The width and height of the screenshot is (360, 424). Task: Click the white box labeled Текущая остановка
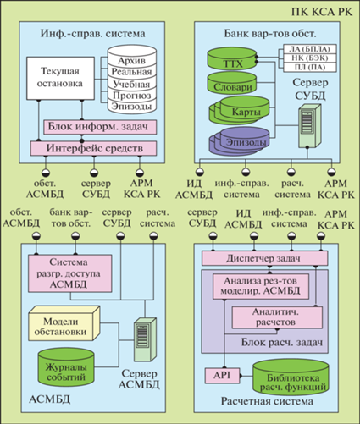tap(60, 78)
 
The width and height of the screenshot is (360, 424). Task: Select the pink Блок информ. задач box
tap(100, 127)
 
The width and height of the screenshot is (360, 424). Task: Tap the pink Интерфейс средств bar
tap(93, 148)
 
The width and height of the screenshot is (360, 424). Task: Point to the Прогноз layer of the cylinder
tap(132, 96)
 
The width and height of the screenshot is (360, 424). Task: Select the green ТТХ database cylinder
tap(232, 59)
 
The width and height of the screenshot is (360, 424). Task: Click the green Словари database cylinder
tap(232, 83)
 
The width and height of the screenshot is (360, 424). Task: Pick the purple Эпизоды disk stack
tap(239, 141)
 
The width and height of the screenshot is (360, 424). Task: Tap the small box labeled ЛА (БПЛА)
tap(310, 49)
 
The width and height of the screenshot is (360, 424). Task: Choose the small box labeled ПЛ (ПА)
tap(310, 68)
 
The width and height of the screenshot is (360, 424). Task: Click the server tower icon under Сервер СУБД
tap(310, 126)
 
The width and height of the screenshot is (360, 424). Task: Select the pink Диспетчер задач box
tap(264, 258)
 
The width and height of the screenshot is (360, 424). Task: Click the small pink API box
tap(223, 376)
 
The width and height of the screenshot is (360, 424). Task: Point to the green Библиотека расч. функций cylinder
tap(291, 377)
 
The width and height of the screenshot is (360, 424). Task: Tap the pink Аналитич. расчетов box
tap(277, 317)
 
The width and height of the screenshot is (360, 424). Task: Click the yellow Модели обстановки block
tap(64, 323)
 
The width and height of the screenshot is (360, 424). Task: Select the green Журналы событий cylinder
tap(66, 367)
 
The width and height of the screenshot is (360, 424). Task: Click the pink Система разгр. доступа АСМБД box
tap(69, 273)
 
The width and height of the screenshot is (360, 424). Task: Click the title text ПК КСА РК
tap(322, 12)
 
